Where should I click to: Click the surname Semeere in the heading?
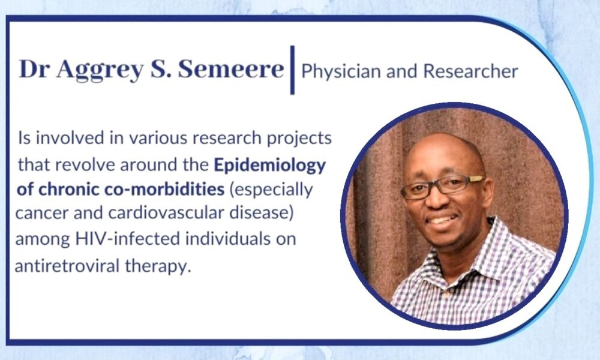click(x=231, y=69)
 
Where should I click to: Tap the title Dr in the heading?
click(x=34, y=69)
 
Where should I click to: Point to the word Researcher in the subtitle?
click(x=470, y=71)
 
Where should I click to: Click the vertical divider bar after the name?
click(x=292, y=70)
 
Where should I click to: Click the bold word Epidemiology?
click(x=270, y=166)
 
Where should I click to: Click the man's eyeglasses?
click(x=442, y=187)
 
